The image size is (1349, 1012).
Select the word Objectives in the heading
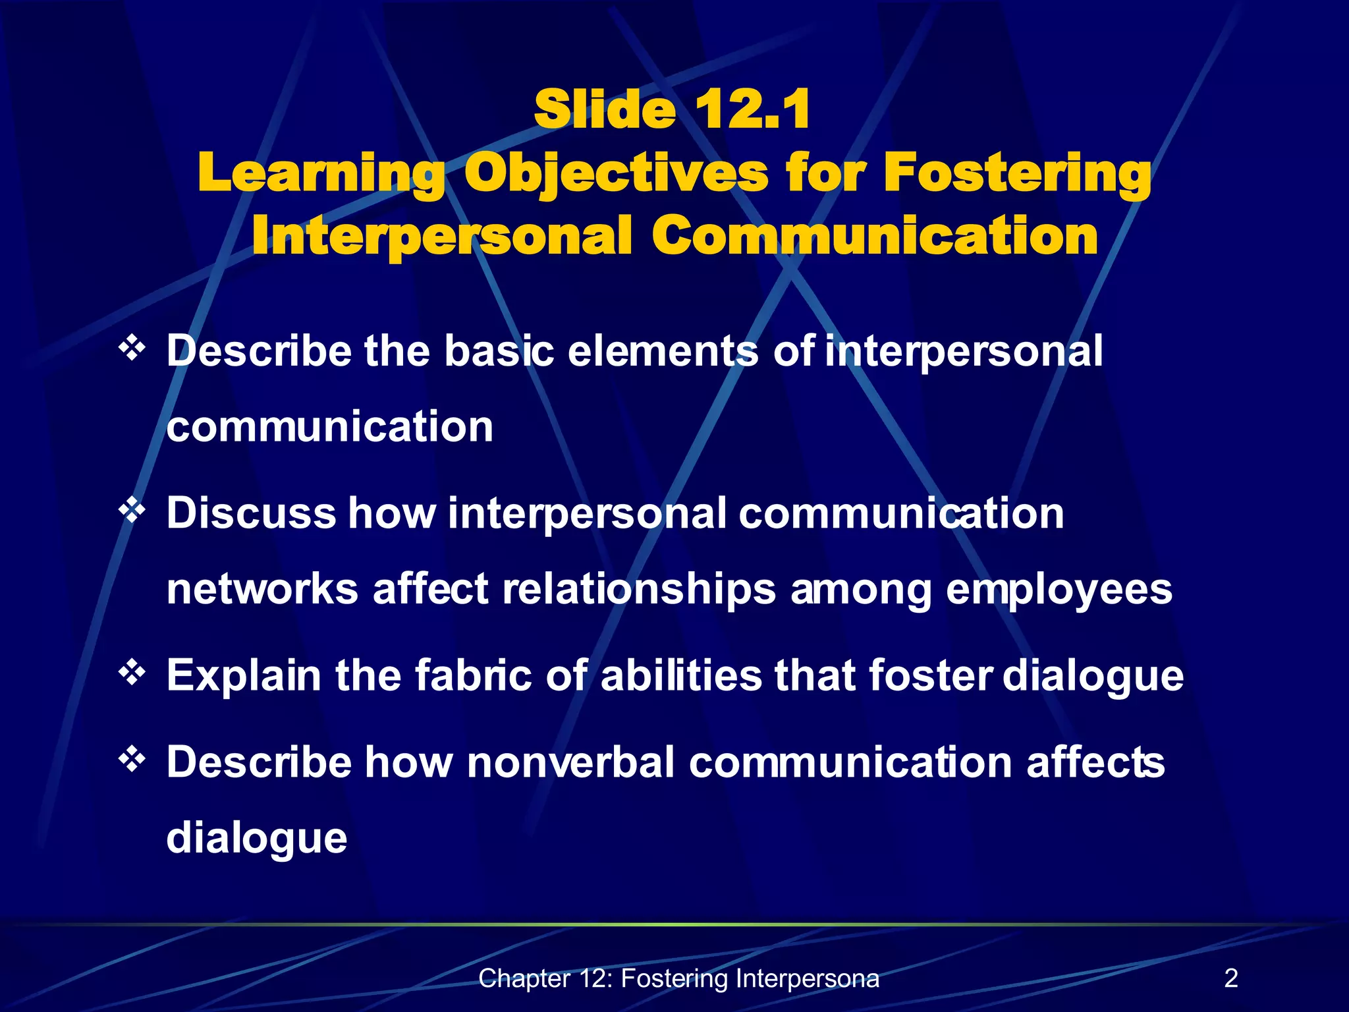(616, 173)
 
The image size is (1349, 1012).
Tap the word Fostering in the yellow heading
(1017, 173)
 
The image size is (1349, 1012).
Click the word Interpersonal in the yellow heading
(441, 237)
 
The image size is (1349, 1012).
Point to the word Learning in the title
(321, 173)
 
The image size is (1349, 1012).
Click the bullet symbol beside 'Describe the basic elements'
(132, 348)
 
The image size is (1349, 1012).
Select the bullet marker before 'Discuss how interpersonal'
(132, 511)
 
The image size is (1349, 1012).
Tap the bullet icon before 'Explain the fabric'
(132, 673)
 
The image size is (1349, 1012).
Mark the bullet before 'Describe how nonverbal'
(132, 760)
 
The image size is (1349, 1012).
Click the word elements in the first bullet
(663, 351)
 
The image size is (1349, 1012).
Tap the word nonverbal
(570, 762)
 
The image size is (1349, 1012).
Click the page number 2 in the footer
(1230, 978)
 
